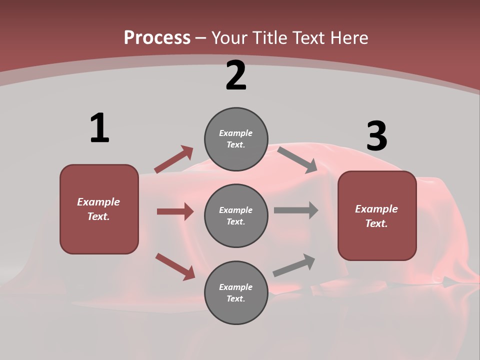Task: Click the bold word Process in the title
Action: pos(157,37)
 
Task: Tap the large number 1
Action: pos(99,128)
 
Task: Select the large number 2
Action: pos(236,75)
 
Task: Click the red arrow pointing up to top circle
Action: pos(173,159)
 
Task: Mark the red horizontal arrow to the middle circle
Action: pos(175,211)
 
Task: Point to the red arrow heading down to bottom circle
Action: pos(175,266)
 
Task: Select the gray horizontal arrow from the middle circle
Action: pos(296,210)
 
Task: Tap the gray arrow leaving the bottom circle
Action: pos(294,265)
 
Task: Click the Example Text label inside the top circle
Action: pos(236,138)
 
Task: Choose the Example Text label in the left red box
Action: pos(98,209)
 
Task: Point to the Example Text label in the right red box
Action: pos(376,216)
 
